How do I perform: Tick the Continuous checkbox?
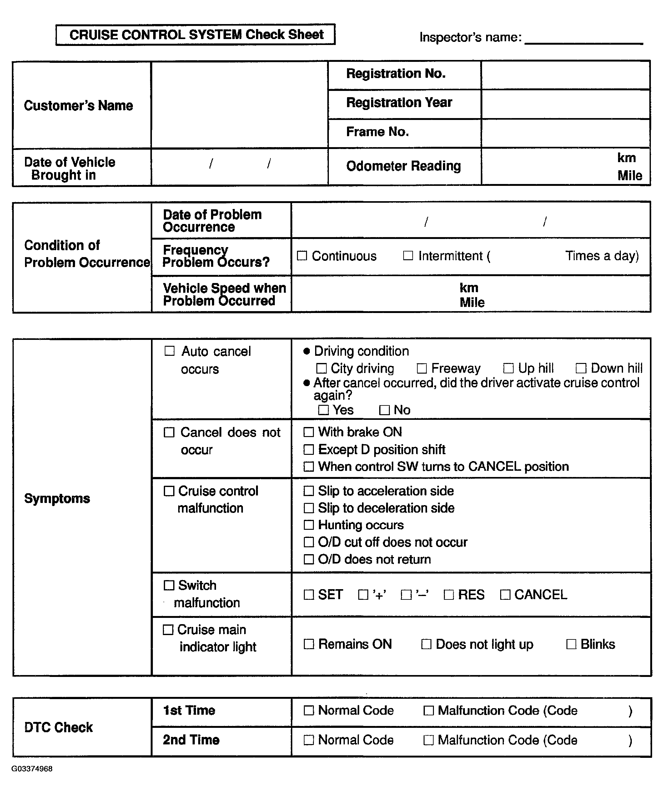pyautogui.click(x=302, y=256)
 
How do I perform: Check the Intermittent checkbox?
pyautogui.click(x=408, y=256)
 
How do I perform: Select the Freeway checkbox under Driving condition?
pyautogui.click(x=422, y=368)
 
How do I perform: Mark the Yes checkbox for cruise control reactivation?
pyautogui.click(x=324, y=410)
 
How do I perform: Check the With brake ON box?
pyautogui.click(x=309, y=432)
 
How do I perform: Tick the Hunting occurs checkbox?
pyautogui.click(x=309, y=525)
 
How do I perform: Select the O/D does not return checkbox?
pyautogui.click(x=309, y=559)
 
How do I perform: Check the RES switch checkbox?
pyautogui.click(x=449, y=595)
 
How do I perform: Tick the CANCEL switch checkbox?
pyautogui.click(x=505, y=595)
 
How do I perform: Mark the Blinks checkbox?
pyautogui.click(x=571, y=644)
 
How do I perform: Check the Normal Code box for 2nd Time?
pyautogui.click(x=309, y=740)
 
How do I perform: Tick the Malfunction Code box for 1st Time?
pyautogui.click(x=428, y=711)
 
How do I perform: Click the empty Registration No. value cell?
pyautogui.click(x=566, y=75)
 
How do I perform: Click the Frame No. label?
pyautogui.click(x=377, y=132)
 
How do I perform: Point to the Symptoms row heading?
pyautogui.click(x=57, y=499)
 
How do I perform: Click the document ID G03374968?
pyautogui.click(x=32, y=769)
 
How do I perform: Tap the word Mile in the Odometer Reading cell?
pyautogui.click(x=630, y=175)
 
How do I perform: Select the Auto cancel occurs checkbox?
pyautogui.click(x=170, y=351)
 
